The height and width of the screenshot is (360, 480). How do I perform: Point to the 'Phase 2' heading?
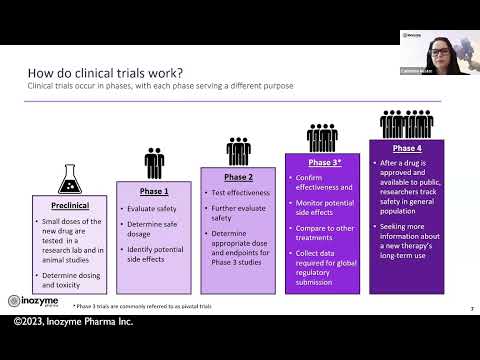(237, 176)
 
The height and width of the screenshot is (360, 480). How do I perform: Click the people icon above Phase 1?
(153, 162)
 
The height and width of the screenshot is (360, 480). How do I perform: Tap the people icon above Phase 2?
(238, 150)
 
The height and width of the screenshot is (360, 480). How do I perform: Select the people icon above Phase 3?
(322, 135)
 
